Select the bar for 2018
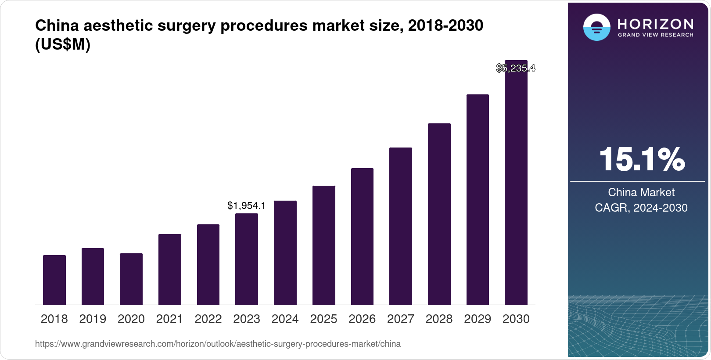54,280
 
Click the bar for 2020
131,279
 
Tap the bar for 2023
247,259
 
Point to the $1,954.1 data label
246,205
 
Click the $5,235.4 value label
516,68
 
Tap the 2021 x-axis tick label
169,319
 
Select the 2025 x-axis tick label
323,319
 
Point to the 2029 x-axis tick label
478,319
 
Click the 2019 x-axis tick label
93,319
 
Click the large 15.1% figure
641,159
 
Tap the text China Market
641,192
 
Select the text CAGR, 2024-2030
641,208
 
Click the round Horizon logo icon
596,27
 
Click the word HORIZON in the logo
655,24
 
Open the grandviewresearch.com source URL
218,344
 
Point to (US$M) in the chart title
63,44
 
